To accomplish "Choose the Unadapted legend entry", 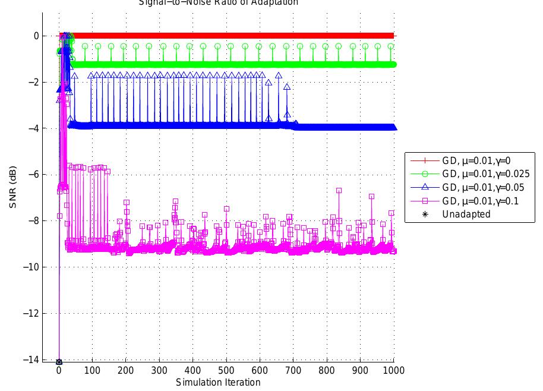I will [x=466, y=215].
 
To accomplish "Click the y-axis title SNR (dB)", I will [x=13, y=188].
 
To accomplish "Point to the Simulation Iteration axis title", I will [x=218, y=383].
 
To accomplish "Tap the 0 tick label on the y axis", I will [x=37, y=36].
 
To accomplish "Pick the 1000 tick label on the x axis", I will [x=394, y=371].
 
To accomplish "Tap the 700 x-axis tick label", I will [x=293, y=371].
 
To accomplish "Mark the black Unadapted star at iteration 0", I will [x=59, y=362].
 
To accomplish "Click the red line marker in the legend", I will [x=423, y=160].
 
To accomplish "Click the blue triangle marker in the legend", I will [x=423, y=188].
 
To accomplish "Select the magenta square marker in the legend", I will [x=423, y=201].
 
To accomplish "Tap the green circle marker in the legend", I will [x=423, y=174].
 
